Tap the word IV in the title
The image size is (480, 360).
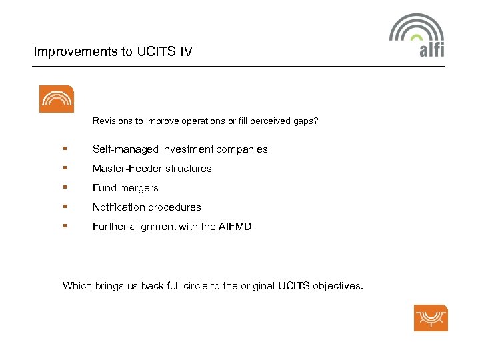click(x=186, y=51)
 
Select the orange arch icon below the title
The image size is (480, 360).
click(x=57, y=99)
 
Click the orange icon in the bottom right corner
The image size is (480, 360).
click(x=431, y=317)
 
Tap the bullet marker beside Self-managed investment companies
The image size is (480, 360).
click(x=65, y=149)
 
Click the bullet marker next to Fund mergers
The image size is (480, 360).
click(x=65, y=188)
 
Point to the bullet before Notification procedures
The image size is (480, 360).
click(x=65, y=207)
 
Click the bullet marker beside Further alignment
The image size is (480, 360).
click(x=65, y=227)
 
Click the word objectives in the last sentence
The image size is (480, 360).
click(x=337, y=286)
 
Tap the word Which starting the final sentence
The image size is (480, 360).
click(x=76, y=286)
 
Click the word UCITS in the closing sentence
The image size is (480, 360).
click(x=293, y=286)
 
